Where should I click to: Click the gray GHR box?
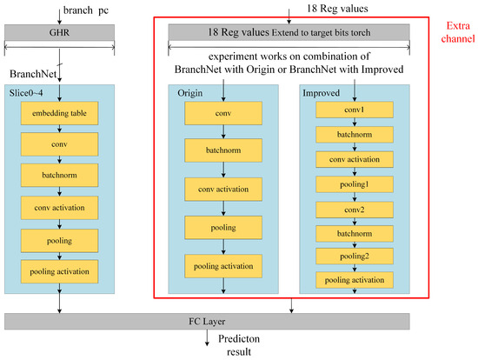click(x=58, y=32)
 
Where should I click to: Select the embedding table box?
click(x=59, y=114)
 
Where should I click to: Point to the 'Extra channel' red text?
click(x=454, y=34)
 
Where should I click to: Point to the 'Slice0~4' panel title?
click(x=26, y=91)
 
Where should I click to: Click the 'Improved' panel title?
click(x=322, y=91)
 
